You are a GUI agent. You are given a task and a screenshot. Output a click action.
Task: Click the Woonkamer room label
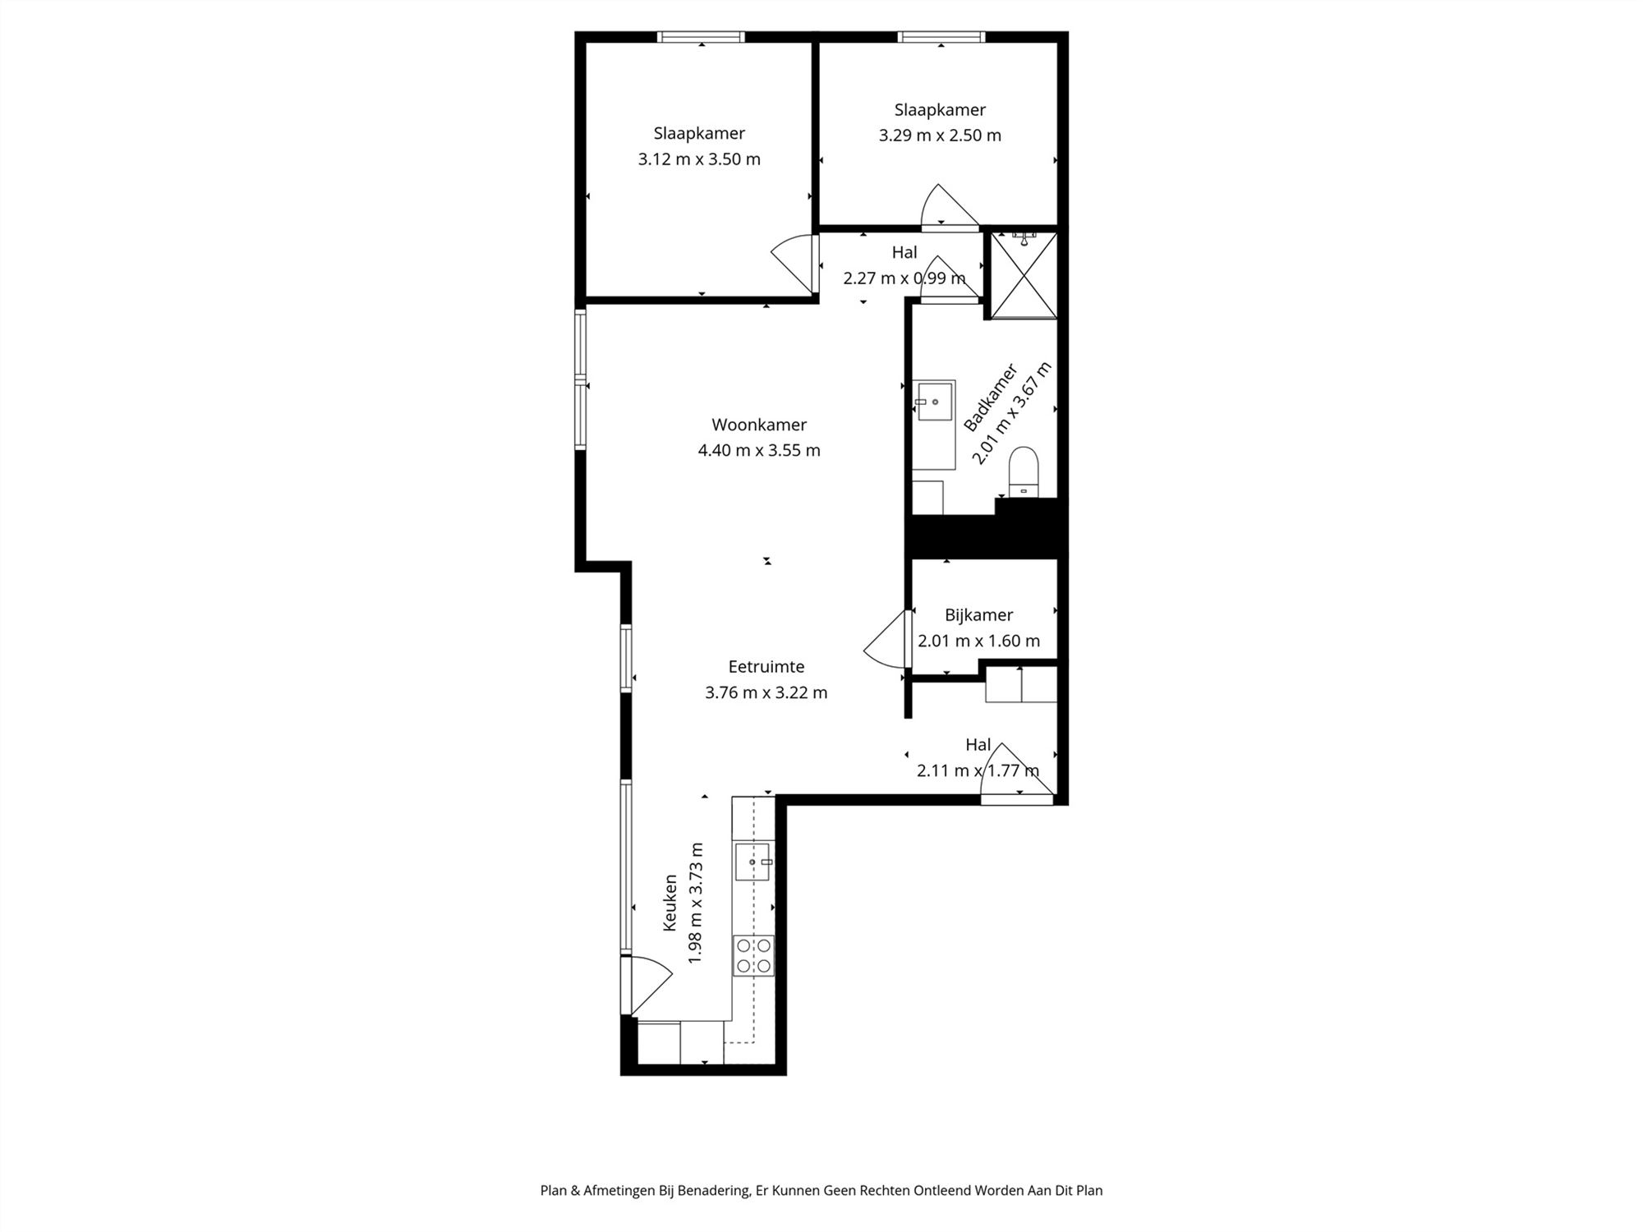point(758,425)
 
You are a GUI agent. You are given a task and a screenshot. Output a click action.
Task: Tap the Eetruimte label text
point(766,667)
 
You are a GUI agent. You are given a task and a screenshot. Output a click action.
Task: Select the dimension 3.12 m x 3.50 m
point(699,159)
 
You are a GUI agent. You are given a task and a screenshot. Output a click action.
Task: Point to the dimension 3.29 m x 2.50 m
point(940,136)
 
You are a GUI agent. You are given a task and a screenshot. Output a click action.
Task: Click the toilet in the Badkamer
point(1024,472)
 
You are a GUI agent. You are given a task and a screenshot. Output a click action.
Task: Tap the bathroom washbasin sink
point(935,401)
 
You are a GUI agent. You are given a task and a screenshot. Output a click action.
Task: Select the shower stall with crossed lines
point(1024,275)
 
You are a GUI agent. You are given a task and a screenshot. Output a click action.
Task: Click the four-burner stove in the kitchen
point(753,955)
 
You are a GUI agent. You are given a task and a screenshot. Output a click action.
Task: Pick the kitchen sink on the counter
point(752,862)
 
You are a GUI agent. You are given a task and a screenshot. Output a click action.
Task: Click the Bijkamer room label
point(978,615)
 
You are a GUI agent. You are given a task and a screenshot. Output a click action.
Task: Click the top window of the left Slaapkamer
point(702,37)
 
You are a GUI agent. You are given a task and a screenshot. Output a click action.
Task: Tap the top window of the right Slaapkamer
point(941,37)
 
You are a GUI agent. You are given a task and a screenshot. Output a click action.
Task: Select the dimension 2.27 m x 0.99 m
point(904,278)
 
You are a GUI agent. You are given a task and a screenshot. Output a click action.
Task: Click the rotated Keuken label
point(670,903)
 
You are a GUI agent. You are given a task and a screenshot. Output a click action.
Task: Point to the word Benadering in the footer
point(713,1190)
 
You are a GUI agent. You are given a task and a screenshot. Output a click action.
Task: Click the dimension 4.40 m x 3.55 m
point(758,450)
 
